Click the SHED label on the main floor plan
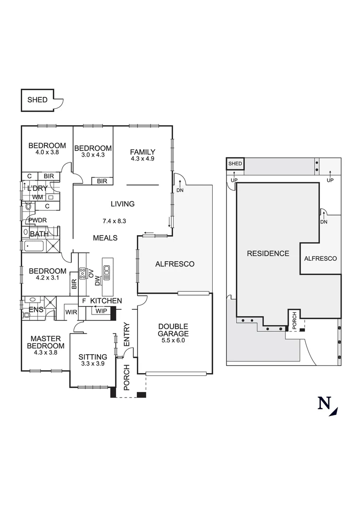(37, 100)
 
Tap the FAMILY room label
(142, 152)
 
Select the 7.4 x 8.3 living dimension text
(114, 221)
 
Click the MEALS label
(105, 238)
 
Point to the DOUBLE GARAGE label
(173, 330)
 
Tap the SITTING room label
(92, 357)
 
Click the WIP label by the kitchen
(101, 310)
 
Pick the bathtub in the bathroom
(33, 246)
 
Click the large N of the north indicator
(324, 403)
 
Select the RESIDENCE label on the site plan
(268, 254)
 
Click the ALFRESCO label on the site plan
(320, 258)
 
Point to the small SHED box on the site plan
(235, 164)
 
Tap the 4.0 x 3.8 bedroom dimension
(47, 153)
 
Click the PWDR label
(36, 220)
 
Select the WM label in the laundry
(38, 196)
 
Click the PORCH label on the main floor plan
(126, 378)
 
